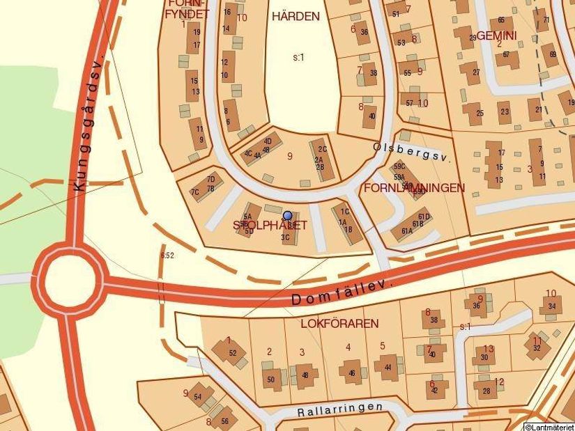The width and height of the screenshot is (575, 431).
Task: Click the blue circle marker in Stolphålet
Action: tap(287, 216)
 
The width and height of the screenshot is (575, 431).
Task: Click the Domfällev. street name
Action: tap(342, 292)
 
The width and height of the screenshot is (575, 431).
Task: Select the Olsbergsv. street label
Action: tap(412, 152)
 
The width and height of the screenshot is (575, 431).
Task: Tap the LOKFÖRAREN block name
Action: tap(339, 324)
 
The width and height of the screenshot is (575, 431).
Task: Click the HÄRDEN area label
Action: tap(296, 16)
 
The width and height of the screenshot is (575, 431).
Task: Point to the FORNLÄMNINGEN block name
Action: tap(414, 188)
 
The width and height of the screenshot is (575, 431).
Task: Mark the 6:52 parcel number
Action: tap(167, 256)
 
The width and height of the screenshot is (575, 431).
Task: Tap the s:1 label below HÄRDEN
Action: tap(298, 57)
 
